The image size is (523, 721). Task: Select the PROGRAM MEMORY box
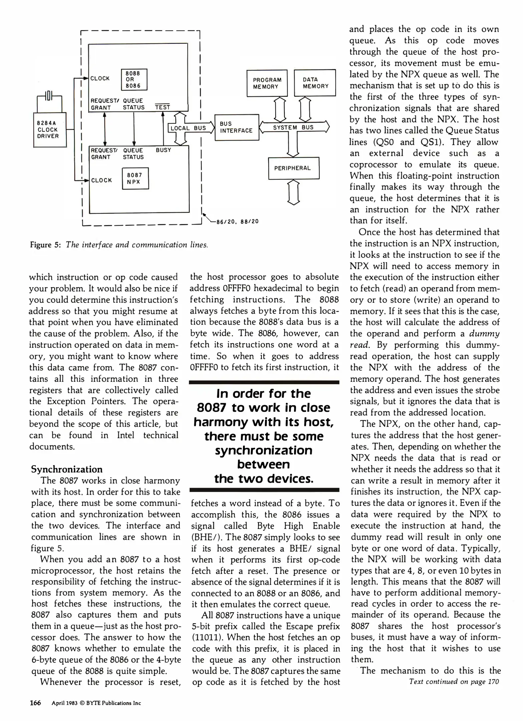click(x=267, y=83)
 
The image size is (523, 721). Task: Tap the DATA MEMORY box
click(x=315, y=83)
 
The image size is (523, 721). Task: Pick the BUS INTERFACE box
click(x=237, y=127)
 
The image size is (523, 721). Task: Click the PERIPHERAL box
click(x=293, y=168)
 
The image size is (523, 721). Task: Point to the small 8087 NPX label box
click(x=135, y=179)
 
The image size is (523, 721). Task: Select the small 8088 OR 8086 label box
click(x=134, y=79)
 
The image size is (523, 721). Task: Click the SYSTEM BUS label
click(x=293, y=127)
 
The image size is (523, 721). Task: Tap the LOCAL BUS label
click(x=188, y=128)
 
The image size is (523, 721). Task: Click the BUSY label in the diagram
click(x=163, y=150)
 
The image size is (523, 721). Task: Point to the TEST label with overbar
click(x=163, y=107)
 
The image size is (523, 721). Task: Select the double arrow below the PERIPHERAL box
click(x=293, y=192)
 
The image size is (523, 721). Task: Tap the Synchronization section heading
click(x=67, y=469)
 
